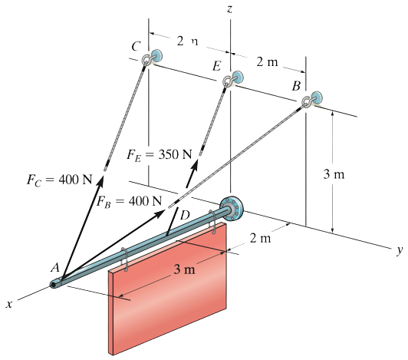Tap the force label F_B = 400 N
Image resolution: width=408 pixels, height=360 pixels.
click(130, 202)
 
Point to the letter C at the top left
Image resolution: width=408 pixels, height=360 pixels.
click(135, 48)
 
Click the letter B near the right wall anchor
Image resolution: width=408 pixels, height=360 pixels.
click(295, 86)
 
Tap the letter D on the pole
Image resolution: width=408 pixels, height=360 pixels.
click(184, 214)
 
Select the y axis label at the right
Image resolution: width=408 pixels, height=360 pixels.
click(399, 250)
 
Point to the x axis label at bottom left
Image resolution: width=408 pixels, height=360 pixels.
click(9, 305)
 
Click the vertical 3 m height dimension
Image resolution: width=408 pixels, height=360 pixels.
click(334, 174)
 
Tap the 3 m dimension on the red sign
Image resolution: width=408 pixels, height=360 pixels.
click(184, 269)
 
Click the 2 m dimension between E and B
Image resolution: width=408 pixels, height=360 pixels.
click(268, 61)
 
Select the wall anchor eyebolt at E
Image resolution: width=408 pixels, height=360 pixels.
click(231, 79)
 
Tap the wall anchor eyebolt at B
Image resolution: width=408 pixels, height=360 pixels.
click(312, 100)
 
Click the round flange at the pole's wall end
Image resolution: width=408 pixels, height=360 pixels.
click(229, 206)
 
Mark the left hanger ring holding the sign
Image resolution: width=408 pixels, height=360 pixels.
click(123, 259)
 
